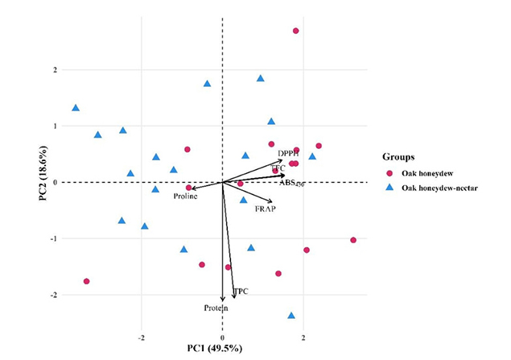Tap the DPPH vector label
point(288,154)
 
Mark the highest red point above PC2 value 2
point(295,31)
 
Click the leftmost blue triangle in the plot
point(76,108)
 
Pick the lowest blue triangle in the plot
point(291,316)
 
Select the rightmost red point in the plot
point(353,240)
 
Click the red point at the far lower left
point(86,281)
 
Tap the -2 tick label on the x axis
point(142,337)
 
